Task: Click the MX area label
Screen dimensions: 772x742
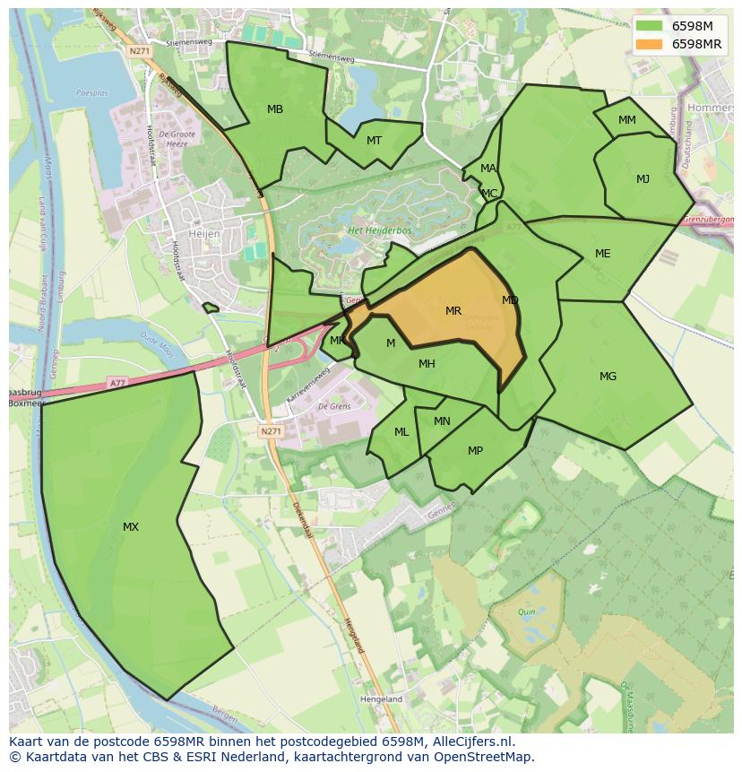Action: (131, 527)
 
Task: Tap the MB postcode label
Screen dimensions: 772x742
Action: (275, 109)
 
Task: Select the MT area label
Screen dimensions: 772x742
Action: (374, 141)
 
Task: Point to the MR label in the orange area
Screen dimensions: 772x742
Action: (453, 311)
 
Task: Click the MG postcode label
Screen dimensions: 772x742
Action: (608, 377)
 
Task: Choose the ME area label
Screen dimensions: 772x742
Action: (602, 254)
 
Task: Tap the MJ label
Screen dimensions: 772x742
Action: (643, 179)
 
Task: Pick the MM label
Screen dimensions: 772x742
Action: (627, 120)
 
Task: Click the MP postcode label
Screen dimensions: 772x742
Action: (475, 451)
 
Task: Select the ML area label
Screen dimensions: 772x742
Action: (401, 432)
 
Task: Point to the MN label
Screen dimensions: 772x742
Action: (442, 421)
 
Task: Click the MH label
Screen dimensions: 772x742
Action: (427, 364)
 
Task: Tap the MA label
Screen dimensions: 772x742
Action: (487, 169)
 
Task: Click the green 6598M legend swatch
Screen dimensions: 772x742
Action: (649, 26)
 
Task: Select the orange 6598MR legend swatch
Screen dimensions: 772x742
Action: (649, 44)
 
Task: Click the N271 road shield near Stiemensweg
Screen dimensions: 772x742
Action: (139, 51)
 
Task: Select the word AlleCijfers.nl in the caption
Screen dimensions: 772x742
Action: (471, 742)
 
